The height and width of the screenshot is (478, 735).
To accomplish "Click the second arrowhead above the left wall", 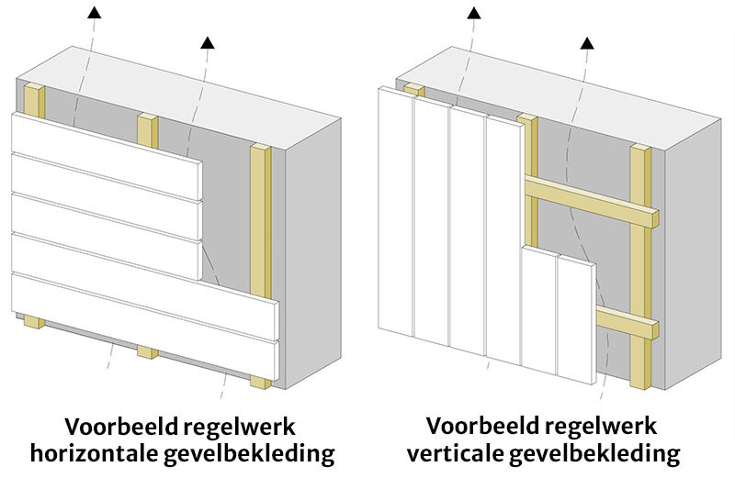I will pyautogui.click(x=207, y=40).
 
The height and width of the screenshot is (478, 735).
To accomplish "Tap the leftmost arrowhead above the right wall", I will pyautogui.click(x=473, y=12).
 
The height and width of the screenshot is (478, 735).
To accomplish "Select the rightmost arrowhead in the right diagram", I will pyautogui.click(x=587, y=41).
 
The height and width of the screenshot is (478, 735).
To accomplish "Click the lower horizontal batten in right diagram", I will pyautogui.click(x=625, y=323).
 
